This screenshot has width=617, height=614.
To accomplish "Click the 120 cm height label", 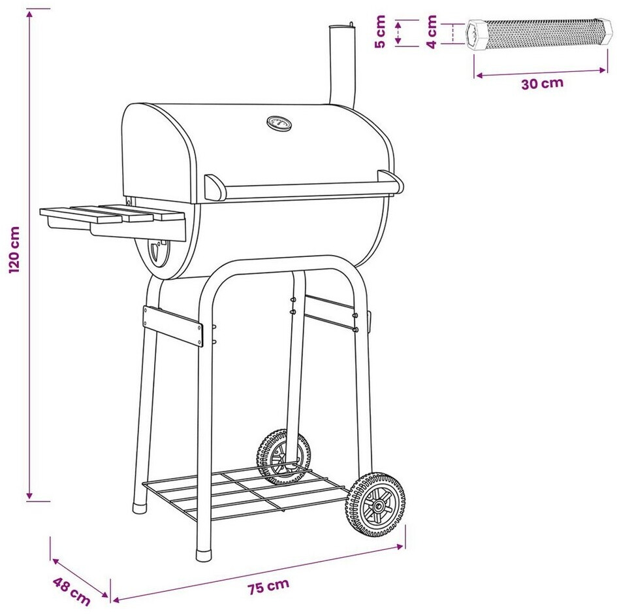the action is pyautogui.click(x=14, y=250).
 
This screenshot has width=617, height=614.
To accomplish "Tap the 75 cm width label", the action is pyautogui.click(x=268, y=586).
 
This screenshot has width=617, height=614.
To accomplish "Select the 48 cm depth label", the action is pyautogui.click(x=71, y=591).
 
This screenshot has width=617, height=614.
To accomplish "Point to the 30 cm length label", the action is pyautogui.click(x=542, y=84).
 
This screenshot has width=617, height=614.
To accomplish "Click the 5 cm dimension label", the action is pyautogui.click(x=380, y=31).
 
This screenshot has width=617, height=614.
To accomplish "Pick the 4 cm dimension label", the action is pyautogui.click(x=432, y=31).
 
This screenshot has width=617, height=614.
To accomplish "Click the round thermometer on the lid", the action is pyautogui.click(x=279, y=124).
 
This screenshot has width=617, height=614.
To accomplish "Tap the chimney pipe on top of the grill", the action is pyautogui.click(x=342, y=66).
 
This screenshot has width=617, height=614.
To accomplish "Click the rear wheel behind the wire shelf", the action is pyautogui.click(x=283, y=457).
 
